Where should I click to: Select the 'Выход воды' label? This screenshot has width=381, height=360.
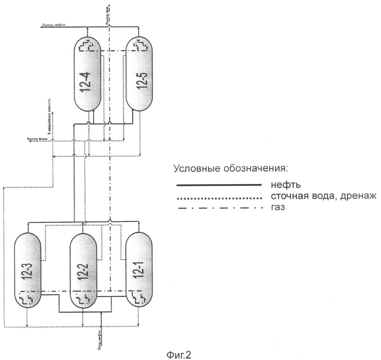(37, 139)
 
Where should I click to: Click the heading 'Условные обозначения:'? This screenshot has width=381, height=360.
(231, 169)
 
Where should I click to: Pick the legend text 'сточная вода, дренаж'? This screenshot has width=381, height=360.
(323, 196)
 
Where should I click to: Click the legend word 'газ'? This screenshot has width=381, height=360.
(278, 207)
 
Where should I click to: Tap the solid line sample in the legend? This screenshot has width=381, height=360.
(219, 185)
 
